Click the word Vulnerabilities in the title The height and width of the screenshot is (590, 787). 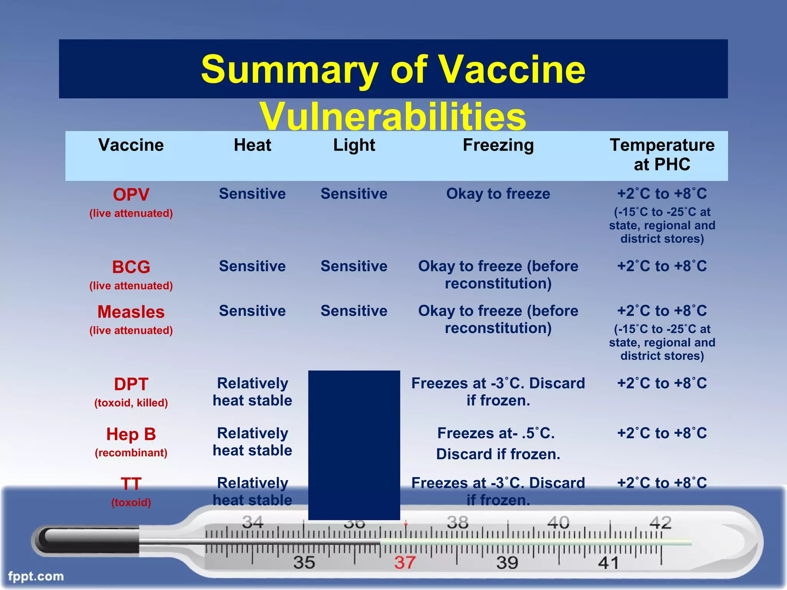(x=393, y=116)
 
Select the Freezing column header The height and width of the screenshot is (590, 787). (x=498, y=145)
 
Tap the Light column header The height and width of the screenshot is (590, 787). (x=354, y=145)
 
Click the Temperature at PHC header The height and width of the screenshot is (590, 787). (x=662, y=155)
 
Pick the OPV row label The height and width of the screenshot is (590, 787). (x=131, y=195)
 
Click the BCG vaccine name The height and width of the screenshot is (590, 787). (x=131, y=267)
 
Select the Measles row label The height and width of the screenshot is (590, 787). (x=131, y=312)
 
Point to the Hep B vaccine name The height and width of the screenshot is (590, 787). (x=131, y=434)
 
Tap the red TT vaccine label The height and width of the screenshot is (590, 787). (x=131, y=484)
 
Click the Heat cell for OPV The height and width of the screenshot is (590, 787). (x=252, y=194)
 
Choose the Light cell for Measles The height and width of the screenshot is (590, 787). (x=354, y=311)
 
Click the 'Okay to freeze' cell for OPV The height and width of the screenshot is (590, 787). (x=498, y=194)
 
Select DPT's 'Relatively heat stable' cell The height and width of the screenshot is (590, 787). (x=252, y=392)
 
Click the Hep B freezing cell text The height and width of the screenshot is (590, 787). (x=498, y=444)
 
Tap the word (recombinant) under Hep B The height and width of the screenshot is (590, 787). (x=131, y=453)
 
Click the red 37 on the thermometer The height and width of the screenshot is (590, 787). (x=405, y=563)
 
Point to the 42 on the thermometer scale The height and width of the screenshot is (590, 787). (x=660, y=523)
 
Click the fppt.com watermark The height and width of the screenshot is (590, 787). (x=36, y=576)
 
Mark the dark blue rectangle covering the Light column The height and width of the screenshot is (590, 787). (x=354, y=445)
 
